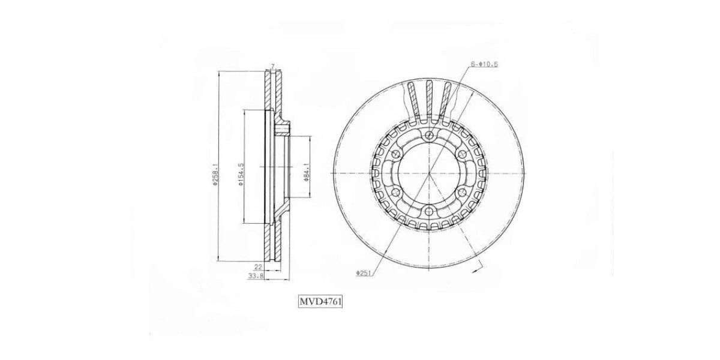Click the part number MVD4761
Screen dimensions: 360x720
(320, 301)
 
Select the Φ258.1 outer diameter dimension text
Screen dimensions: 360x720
(215, 175)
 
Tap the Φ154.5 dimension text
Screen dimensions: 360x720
(240, 175)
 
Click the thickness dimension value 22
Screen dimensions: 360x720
(258, 266)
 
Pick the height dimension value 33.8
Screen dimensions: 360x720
(256, 276)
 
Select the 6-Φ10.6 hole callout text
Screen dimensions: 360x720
(484, 64)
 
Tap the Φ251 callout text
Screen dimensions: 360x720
(364, 273)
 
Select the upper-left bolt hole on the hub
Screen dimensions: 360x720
(395, 155)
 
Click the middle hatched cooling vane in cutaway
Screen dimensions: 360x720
(429, 98)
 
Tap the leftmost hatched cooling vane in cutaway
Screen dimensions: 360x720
(412, 100)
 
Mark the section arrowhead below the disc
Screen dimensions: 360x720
(476, 271)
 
